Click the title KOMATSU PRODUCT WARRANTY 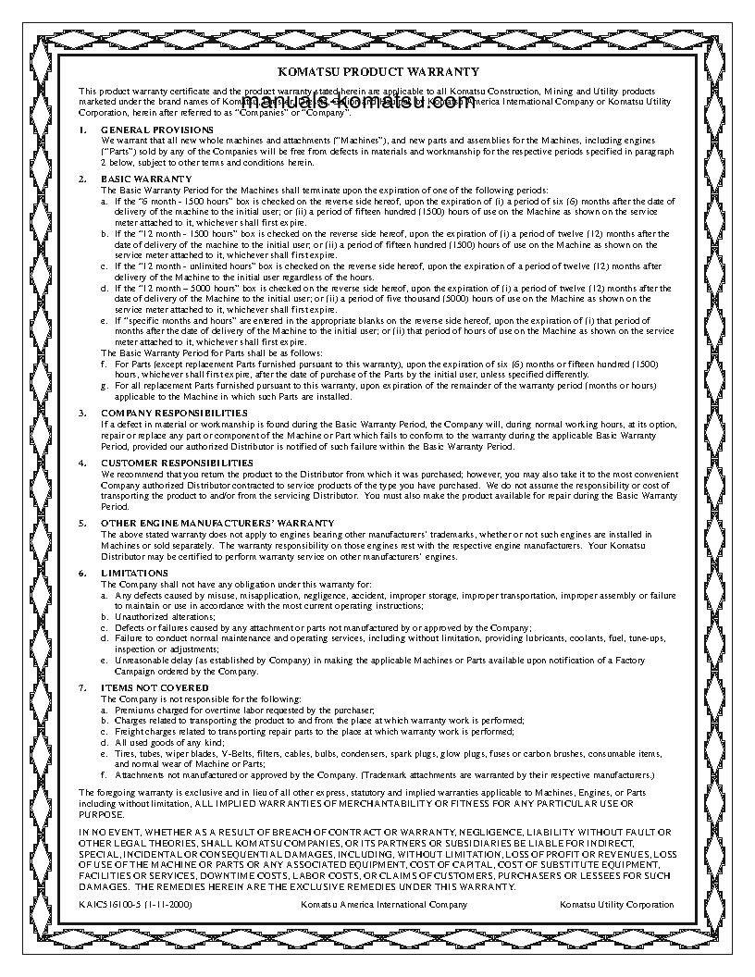tap(377, 71)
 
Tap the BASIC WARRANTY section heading tap(146, 179)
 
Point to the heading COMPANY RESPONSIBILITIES tap(174, 412)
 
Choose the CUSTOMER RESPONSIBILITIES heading tap(177, 462)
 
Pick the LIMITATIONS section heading tap(134, 574)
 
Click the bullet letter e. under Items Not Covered tap(105, 753)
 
